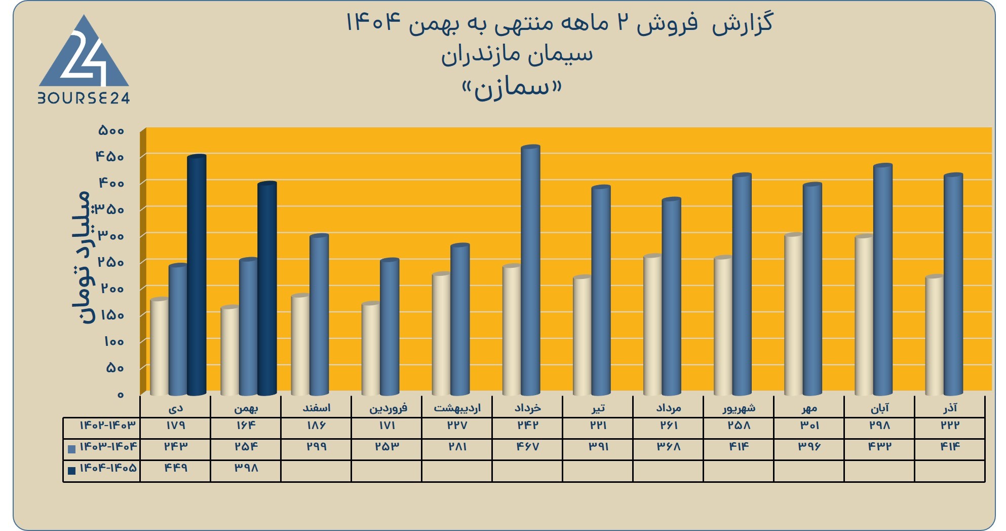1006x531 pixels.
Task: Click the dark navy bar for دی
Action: point(197,275)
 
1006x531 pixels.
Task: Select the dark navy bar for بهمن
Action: point(267,288)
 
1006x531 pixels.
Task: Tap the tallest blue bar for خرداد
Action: point(530,270)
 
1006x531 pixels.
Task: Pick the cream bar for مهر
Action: point(794,314)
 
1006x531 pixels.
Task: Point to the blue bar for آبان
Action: point(882,279)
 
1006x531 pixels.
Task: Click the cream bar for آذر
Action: point(935,335)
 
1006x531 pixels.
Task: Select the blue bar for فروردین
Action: point(390,327)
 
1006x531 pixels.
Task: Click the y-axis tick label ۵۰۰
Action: point(111,130)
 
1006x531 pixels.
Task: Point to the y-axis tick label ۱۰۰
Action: point(114,341)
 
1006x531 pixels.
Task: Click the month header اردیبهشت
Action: point(457,408)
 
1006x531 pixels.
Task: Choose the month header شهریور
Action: point(739,408)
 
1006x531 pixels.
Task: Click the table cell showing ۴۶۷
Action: point(527,447)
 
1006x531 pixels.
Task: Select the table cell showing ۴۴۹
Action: point(175,468)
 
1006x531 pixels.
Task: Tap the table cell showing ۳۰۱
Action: point(809,426)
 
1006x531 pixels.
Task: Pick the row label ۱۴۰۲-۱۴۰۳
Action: point(108,425)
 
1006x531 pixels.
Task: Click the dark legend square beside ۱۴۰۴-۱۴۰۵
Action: point(72,471)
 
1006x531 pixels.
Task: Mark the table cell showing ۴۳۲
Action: point(879,447)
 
